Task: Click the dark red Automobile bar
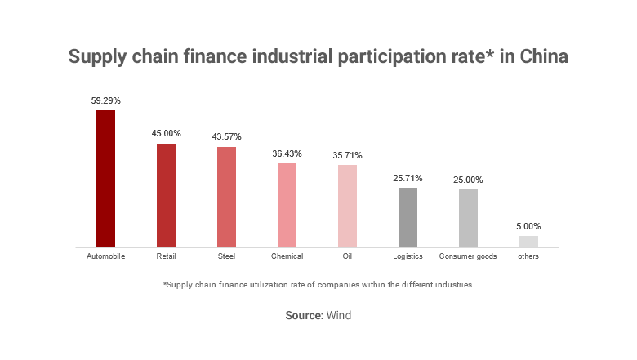105,178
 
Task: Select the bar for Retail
166,195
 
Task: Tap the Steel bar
226,197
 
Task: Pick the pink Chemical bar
287,205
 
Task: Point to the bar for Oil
347,206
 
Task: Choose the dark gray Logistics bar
408,217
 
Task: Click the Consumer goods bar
468,218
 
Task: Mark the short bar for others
528,241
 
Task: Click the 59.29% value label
105,100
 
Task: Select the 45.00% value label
166,133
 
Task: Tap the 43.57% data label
226,136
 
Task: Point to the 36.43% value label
287,153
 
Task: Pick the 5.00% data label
528,226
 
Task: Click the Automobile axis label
105,256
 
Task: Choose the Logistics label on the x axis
408,256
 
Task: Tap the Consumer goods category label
468,256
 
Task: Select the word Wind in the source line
339,315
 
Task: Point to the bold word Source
304,315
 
